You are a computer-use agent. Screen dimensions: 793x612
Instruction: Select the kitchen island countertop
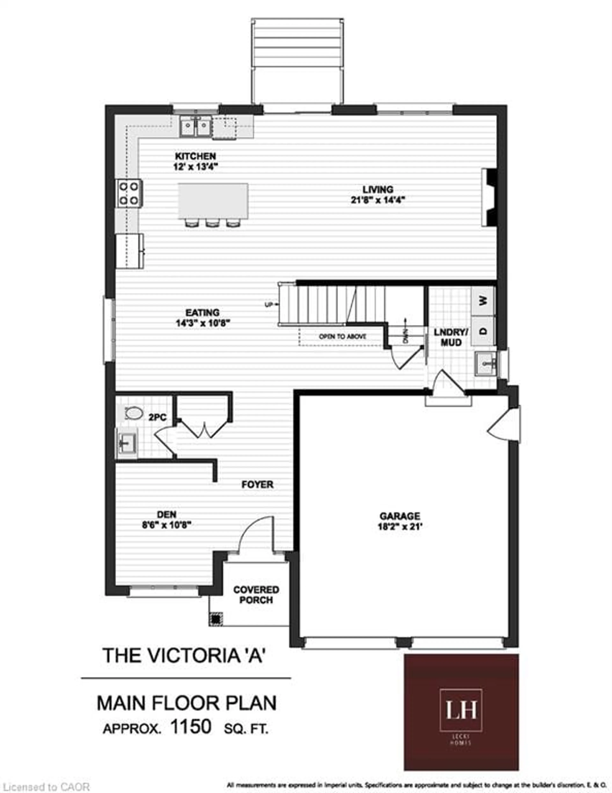point(213,201)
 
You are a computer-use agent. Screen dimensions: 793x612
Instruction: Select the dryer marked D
point(483,331)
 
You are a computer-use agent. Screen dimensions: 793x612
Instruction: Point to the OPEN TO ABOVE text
point(342,337)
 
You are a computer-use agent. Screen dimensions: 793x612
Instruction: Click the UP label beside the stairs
point(269,304)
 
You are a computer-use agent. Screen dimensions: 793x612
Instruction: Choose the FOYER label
point(257,484)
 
